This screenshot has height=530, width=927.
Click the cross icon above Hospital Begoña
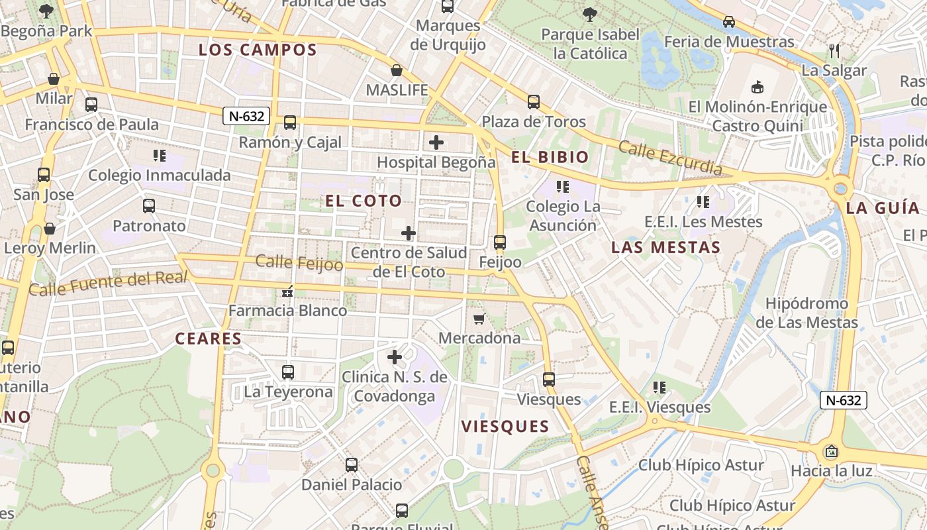pyautogui.click(x=436, y=142)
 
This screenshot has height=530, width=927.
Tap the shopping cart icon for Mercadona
pyautogui.click(x=479, y=319)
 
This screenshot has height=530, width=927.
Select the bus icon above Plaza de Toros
pyautogui.click(x=534, y=102)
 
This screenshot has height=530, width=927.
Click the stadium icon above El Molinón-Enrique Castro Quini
pyautogui.click(x=757, y=87)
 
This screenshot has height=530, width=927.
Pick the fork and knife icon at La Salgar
pyautogui.click(x=834, y=50)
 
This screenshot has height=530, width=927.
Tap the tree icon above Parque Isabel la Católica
pyautogui.click(x=589, y=14)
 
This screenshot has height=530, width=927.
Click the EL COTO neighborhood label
pyautogui.click(x=364, y=201)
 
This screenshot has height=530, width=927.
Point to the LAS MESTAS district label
pyautogui.click(x=665, y=248)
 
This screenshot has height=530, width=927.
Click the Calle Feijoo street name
pyautogui.click(x=299, y=263)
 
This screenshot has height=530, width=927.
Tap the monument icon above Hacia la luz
pyautogui.click(x=831, y=452)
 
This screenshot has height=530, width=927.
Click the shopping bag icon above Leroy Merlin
pyautogui.click(x=50, y=229)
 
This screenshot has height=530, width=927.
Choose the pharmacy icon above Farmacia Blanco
pyautogui.click(x=287, y=291)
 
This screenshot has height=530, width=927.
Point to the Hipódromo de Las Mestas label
pyautogui.click(x=806, y=313)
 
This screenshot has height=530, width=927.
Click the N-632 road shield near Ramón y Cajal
pyautogui.click(x=246, y=117)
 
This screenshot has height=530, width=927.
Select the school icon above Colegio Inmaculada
pyautogui.click(x=159, y=156)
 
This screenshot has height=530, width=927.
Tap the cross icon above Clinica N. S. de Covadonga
pyautogui.click(x=395, y=358)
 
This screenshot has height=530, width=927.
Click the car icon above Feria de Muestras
pyautogui.click(x=729, y=22)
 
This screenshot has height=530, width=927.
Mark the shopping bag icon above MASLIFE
pyautogui.click(x=397, y=70)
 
